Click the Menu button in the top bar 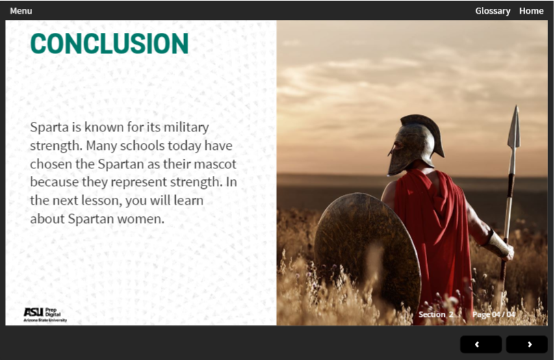click(x=21, y=11)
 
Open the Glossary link click(x=493, y=11)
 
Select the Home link click(x=531, y=11)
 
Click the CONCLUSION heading click(x=109, y=44)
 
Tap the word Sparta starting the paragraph click(x=49, y=127)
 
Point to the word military click(x=186, y=127)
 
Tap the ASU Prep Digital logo click(x=45, y=315)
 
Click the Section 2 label click(x=436, y=314)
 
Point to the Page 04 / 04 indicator click(x=494, y=314)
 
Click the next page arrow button click(x=527, y=344)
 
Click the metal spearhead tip click(x=515, y=127)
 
